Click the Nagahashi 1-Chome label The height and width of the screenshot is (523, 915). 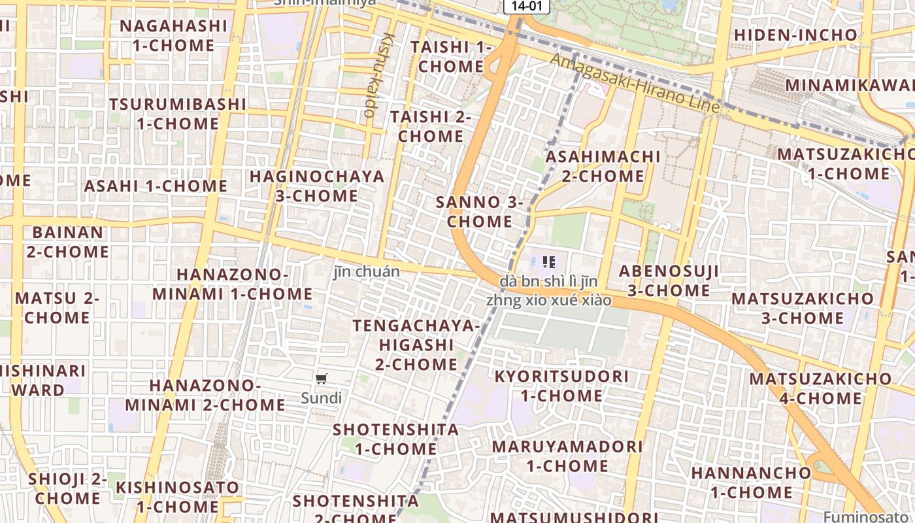click(x=173, y=36)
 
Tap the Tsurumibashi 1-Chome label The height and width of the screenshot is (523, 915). click(x=178, y=114)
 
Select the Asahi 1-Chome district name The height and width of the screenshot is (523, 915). click(x=156, y=186)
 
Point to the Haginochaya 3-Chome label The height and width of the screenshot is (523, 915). click(x=317, y=186)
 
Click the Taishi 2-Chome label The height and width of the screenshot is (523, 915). click(x=431, y=126)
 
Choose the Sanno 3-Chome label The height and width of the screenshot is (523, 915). click(x=480, y=211)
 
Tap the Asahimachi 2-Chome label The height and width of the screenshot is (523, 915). click(x=603, y=166)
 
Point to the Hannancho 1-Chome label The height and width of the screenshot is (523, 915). click(x=751, y=482)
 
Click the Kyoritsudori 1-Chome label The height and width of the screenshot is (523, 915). click(x=561, y=386)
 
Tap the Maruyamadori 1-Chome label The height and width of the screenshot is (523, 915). click(x=567, y=456)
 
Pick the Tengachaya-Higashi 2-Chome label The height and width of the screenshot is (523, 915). click(x=416, y=345)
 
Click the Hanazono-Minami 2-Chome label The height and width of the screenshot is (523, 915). click(x=205, y=395)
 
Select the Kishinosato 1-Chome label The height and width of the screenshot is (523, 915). click(x=177, y=497)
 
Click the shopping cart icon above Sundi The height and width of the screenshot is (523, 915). click(x=321, y=379)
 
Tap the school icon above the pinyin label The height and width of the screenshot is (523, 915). click(x=549, y=263)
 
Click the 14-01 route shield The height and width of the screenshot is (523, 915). click(x=526, y=6)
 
